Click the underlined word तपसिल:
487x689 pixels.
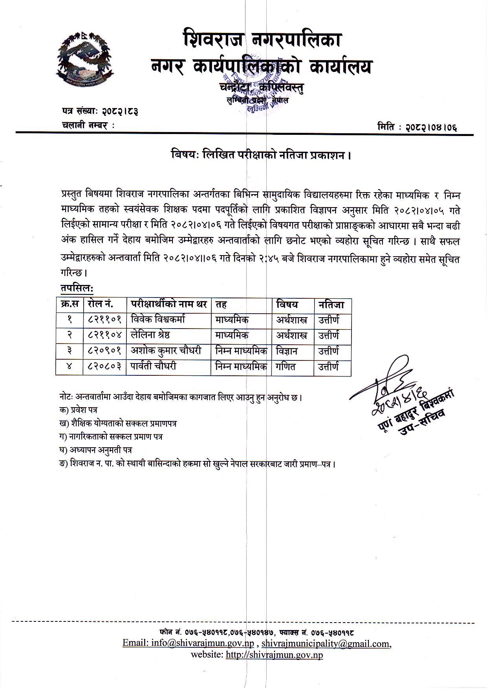point(77,288)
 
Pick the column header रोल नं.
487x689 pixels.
point(101,304)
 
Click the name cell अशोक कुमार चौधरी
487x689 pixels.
point(166,351)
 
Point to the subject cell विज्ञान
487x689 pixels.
point(287,351)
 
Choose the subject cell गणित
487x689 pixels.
point(286,366)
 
